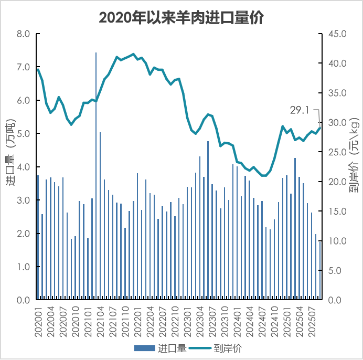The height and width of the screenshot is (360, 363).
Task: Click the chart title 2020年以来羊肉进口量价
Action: pyautogui.click(x=181, y=17)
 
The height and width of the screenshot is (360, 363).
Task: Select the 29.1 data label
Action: pyautogui.click(x=301, y=110)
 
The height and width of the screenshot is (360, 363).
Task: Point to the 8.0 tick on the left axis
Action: pyautogui.click(x=24, y=34)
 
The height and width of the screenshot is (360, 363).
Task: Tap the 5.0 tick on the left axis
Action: pyautogui.click(x=24, y=134)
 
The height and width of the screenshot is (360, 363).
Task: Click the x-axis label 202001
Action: pyautogui.click(x=38, y=321)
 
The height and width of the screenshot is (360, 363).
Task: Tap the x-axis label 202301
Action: pyautogui.click(x=187, y=321)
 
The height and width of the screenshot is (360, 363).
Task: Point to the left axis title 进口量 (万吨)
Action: pyautogui.click(x=10, y=152)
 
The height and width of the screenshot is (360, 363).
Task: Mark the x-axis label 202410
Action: pyautogui.click(x=274, y=321)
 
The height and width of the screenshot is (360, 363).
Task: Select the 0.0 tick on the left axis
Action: pyautogui.click(x=24, y=300)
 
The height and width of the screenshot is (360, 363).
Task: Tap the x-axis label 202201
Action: pyautogui.click(x=137, y=321)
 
